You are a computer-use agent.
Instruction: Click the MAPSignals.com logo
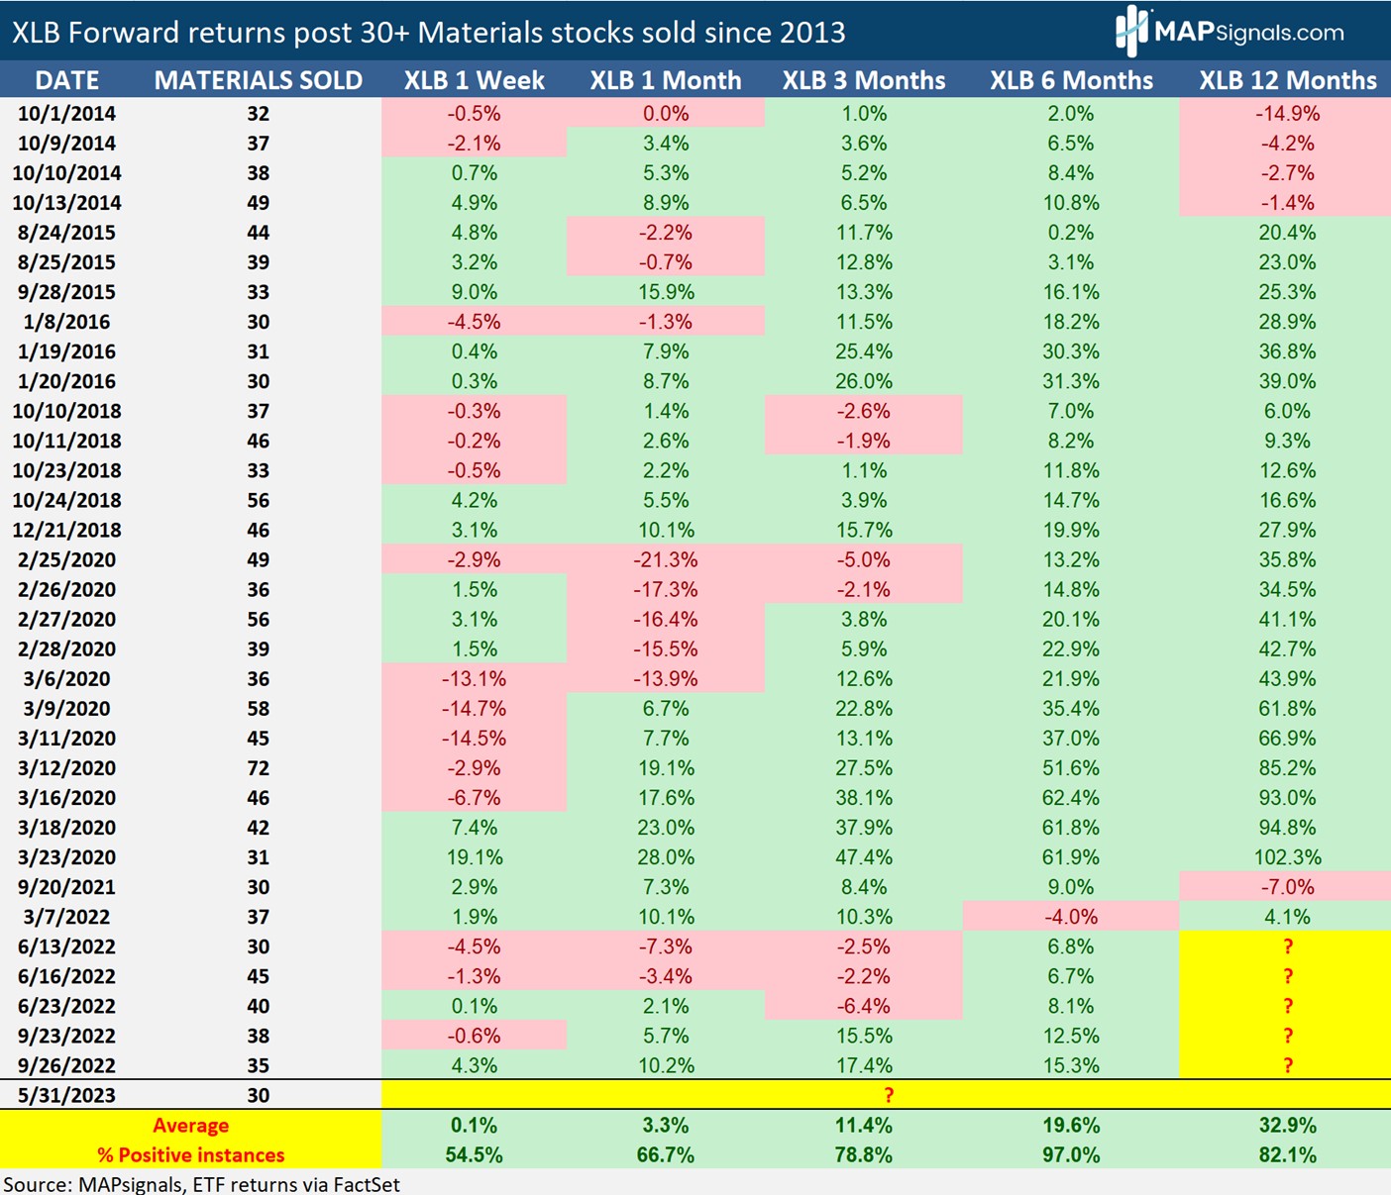pos(1230,31)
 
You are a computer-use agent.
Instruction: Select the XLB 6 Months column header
pos(1071,80)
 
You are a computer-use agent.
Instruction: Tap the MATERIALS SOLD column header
pos(258,80)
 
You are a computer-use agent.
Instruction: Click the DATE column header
pos(66,80)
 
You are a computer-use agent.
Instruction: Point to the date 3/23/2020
pos(66,857)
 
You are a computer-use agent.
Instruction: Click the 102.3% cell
pos(1287,857)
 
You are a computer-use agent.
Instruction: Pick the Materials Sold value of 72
pos(258,768)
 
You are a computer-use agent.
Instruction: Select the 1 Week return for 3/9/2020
pos(474,709)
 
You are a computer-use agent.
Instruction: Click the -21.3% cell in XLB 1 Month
pos(665,559)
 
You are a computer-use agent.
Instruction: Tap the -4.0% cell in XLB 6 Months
pos(1070,917)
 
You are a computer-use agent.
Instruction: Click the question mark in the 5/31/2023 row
pos(889,1095)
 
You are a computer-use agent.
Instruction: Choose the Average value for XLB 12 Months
pos(1287,1126)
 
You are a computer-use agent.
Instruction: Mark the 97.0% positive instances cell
pos(1070,1155)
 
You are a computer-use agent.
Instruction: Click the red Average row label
pos(190,1126)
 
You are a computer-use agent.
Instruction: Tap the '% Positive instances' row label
pos(190,1155)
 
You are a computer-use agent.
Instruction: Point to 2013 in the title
pos(811,33)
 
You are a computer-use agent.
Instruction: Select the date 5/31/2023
pos(66,1095)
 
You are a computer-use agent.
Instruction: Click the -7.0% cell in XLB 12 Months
pos(1287,887)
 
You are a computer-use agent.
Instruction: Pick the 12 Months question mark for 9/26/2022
pos(1287,1065)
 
